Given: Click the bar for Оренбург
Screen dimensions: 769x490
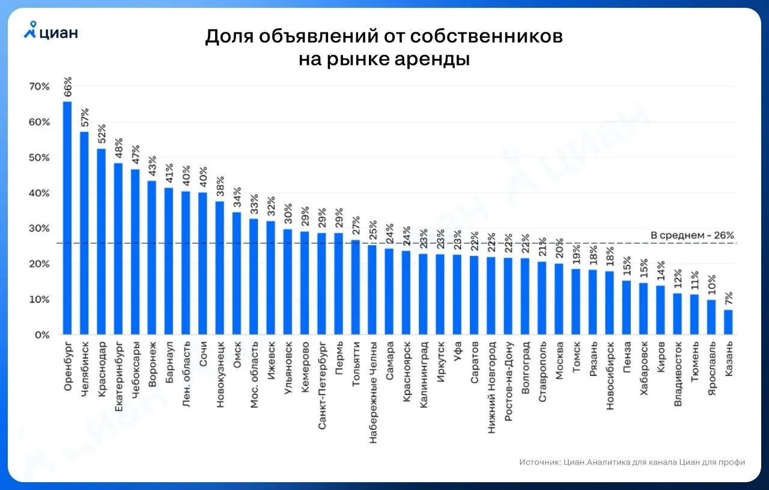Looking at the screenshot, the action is [67, 218].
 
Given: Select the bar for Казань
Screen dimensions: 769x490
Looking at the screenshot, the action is [728, 322].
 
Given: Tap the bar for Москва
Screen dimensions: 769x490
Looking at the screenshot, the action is [559, 299].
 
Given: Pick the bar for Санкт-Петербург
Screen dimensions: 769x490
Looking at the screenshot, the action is [321, 284].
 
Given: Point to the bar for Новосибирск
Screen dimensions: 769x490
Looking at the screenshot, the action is [610, 303].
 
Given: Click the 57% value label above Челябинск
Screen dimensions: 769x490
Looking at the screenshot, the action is [85, 117].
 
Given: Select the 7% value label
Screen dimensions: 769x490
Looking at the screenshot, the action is [729, 298].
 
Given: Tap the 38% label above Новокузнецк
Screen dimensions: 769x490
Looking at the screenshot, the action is [220, 186].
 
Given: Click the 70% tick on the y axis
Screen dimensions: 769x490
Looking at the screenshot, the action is [40, 87].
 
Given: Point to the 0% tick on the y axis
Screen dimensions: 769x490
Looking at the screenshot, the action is [42, 335].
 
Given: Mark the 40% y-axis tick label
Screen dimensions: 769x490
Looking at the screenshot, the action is [40, 193].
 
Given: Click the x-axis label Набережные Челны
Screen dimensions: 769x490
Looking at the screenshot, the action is [373, 393].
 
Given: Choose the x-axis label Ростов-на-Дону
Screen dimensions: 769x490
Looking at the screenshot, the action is [508, 381].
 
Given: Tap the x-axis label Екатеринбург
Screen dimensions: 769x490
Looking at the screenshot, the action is [118, 376].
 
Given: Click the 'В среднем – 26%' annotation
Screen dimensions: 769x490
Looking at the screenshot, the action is [692, 235].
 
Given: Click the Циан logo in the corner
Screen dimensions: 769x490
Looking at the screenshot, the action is [51, 30].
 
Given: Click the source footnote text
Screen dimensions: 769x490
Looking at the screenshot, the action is [632, 462].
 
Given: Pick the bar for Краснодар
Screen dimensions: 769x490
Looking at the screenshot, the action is [102, 242].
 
